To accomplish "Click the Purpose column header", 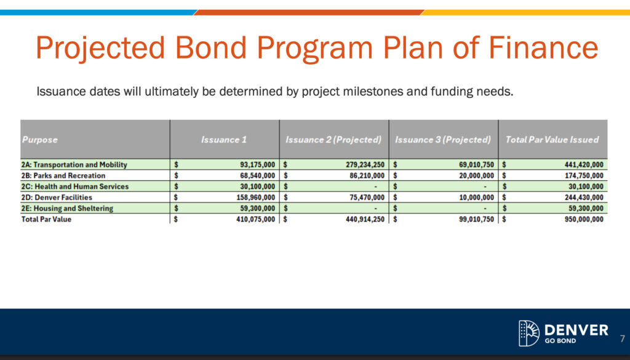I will (40, 140).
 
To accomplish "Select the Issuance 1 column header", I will (224, 140).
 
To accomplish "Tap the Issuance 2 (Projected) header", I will (334, 140).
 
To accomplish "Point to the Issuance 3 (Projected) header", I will (443, 140).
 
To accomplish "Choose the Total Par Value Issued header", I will (552, 140).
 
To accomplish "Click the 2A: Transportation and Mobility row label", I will (74, 165).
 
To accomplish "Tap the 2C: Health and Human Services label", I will (75, 186).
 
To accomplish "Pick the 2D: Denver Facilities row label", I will (57, 198).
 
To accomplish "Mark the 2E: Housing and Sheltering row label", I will (68, 209).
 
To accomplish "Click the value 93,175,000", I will (257, 165).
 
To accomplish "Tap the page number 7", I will (622, 338).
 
